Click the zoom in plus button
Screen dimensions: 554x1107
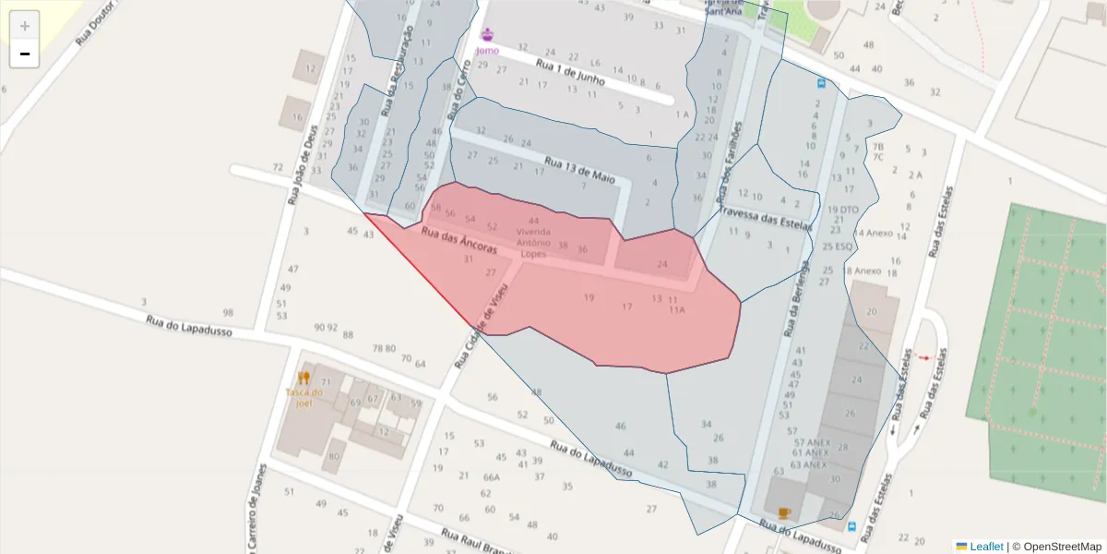click(x=25, y=25)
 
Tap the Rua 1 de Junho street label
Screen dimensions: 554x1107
click(x=570, y=74)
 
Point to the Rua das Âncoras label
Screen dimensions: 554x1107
click(x=458, y=241)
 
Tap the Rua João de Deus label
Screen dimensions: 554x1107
click(x=302, y=164)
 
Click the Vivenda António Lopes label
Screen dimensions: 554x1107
click(x=533, y=243)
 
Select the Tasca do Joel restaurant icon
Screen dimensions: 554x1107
click(x=304, y=378)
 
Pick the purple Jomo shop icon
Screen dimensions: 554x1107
click(x=487, y=35)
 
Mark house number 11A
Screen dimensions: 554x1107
click(x=677, y=310)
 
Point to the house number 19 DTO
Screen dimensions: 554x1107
click(x=843, y=210)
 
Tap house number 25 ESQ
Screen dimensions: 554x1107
click(x=839, y=247)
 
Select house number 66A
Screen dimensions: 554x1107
click(x=491, y=477)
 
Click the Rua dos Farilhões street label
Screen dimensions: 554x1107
click(x=729, y=164)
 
